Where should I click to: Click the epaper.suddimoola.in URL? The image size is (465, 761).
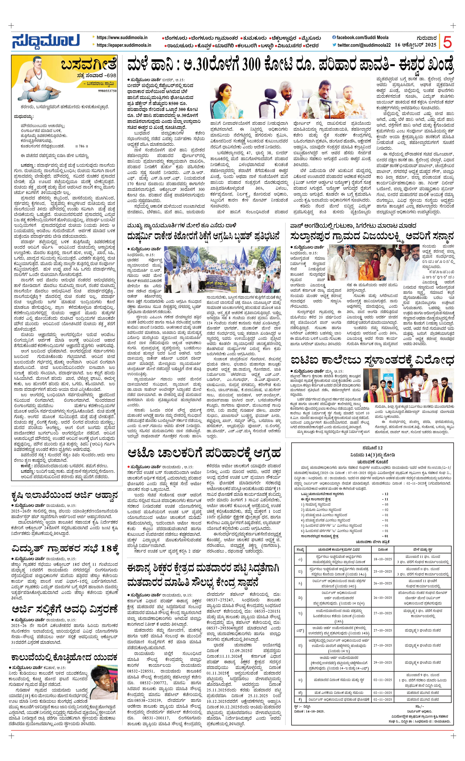pyautogui.click(x=124, y=45)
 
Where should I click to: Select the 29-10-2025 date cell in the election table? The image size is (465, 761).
pyautogui.click(x=382, y=662)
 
